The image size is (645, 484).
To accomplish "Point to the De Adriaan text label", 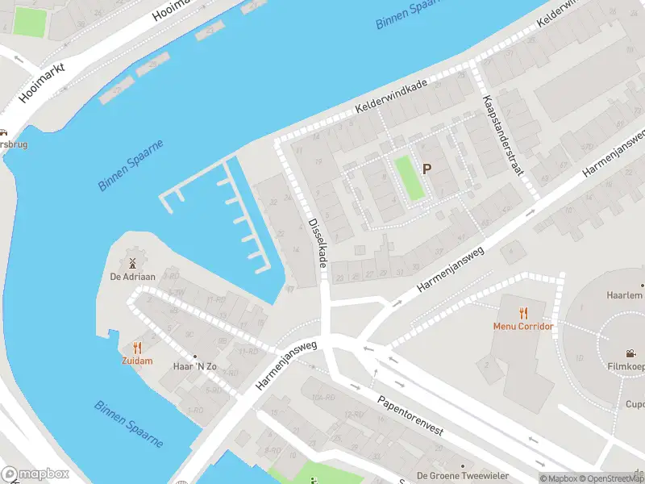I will coord(132,277).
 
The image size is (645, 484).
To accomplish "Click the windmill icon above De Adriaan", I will coord(132,263).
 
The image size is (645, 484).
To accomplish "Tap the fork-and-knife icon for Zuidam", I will coord(137,348).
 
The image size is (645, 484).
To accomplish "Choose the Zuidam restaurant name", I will coord(137,361).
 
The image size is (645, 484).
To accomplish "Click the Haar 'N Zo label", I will coord(194,367).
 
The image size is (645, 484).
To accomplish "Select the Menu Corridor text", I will coord(523,327).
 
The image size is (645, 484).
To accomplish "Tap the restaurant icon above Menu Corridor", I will coord(523,313).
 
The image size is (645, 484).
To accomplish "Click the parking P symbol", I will coord(427,169).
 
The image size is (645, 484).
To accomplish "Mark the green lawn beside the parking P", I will coord(409,178).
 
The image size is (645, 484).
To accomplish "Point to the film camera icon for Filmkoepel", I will coord(629,353).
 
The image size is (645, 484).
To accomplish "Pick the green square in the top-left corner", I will coord(30,22).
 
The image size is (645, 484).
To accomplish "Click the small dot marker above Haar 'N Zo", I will coord(194,355).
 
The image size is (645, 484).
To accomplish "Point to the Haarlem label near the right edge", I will coord(625,295).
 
